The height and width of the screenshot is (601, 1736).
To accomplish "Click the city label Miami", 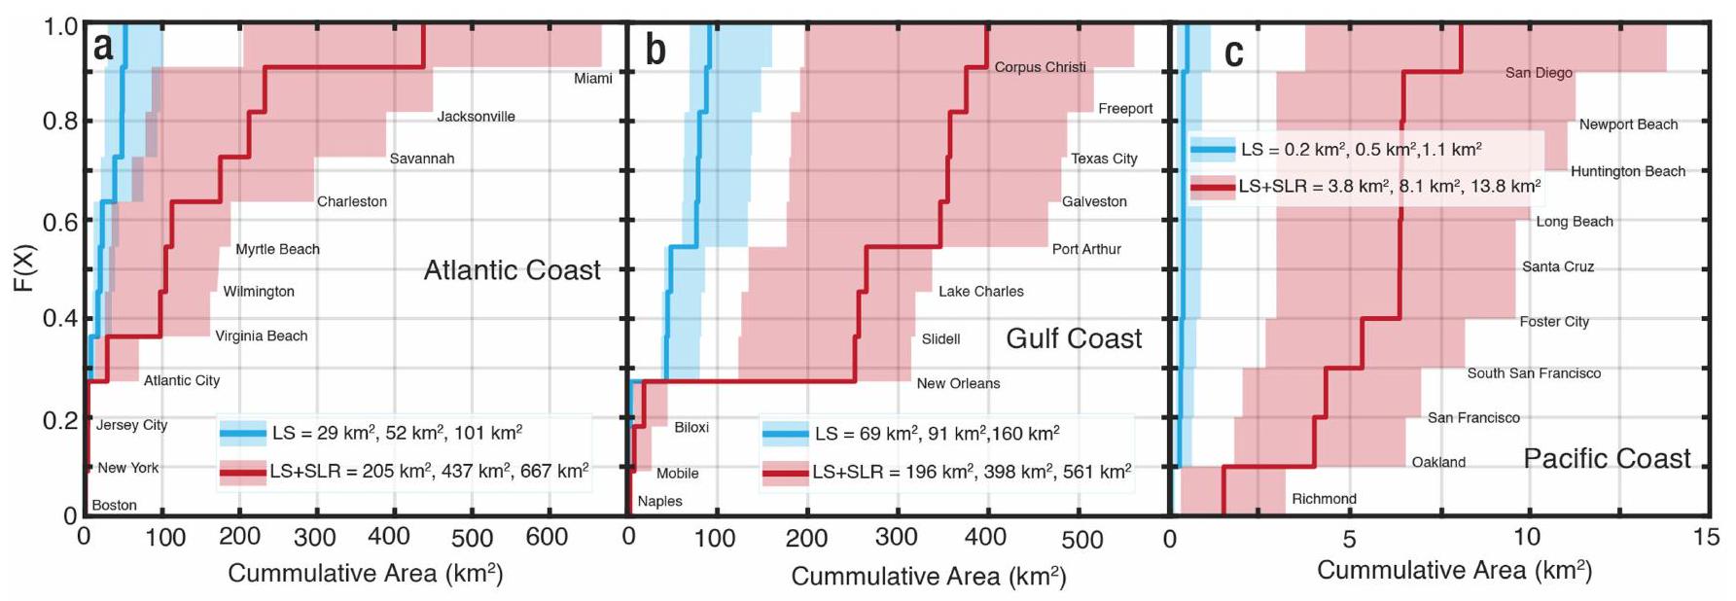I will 592,78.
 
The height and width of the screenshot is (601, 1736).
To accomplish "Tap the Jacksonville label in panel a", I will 476,117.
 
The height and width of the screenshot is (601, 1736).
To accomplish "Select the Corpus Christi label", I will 1040,67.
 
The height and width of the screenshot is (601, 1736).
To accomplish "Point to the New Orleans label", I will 958,383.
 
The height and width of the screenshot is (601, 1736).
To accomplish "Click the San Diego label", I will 1539,72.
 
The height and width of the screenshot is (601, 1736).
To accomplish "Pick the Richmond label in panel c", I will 1324,499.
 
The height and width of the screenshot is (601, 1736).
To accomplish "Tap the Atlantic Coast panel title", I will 512,269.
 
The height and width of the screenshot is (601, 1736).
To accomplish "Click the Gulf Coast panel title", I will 1074,338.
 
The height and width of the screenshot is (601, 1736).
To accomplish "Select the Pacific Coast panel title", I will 1607,458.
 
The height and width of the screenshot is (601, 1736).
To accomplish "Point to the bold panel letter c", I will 1233,51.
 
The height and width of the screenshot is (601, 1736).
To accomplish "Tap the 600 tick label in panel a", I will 547,537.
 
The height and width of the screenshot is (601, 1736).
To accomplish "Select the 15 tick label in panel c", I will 1705,537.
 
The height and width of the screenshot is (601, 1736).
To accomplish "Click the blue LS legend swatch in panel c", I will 1212,150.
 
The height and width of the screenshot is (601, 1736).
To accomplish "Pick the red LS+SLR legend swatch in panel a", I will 242,472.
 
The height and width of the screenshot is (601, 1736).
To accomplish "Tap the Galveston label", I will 1094,201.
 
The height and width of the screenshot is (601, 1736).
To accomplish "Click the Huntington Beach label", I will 1627,171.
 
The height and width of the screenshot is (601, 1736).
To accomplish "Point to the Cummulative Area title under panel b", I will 928,576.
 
